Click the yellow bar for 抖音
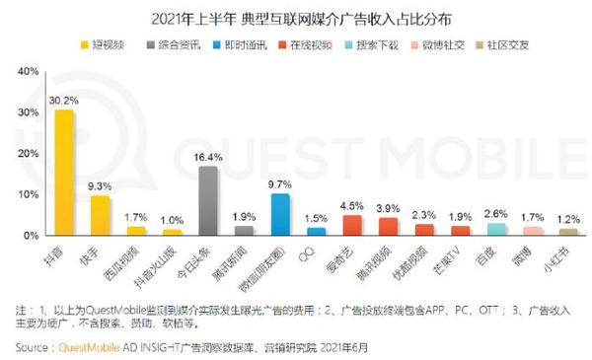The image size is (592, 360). point(65,173)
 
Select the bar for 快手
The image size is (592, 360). point(101,215)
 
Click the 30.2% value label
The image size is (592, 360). point(65,100)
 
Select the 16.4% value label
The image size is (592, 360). point(208,157)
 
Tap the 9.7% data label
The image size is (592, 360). point(280,184)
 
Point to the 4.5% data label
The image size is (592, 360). point(352,206)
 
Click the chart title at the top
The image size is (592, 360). point(297,18)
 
